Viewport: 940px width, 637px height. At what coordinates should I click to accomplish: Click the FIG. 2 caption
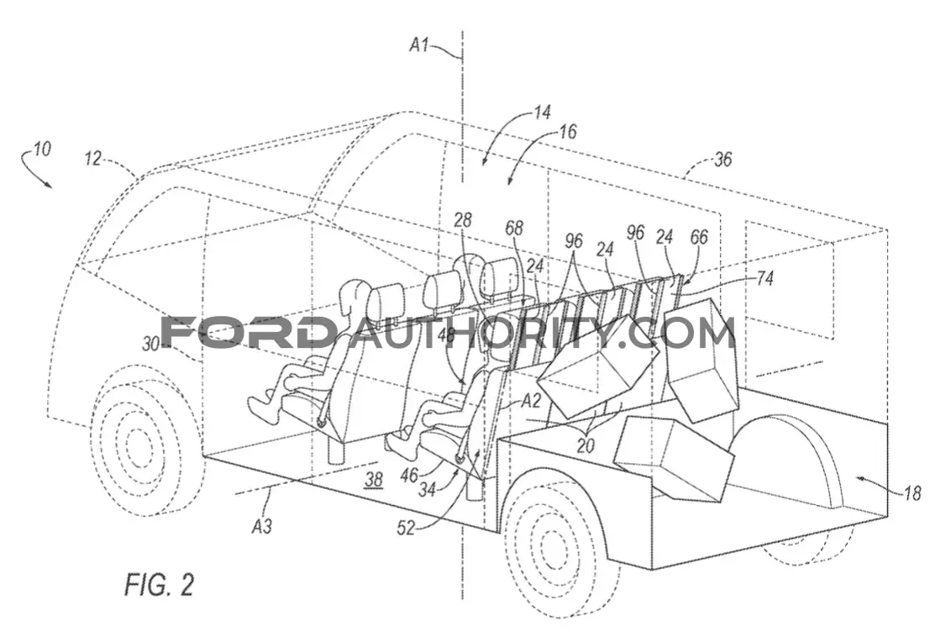pyautogui.click(x=160, y=583)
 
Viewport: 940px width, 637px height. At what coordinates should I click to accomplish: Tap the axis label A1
pyautogui.click(x=421, y=45)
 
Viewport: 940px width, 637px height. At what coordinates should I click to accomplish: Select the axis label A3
pyautogui.click(x=262, y=526)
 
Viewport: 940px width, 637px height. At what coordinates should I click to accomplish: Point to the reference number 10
pyautogui.click(x=41, y=148)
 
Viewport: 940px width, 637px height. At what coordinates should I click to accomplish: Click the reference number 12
pyautogui.click(x=93, y=158)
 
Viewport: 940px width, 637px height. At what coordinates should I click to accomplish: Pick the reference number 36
pyautogui.click(x=723, y=159)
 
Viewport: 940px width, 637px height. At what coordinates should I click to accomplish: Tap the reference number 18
pyautogui.click(x=911, y=493)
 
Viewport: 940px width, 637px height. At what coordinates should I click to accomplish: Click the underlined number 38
pyautogui.click(x=374, y=479)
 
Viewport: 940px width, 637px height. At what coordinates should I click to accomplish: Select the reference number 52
pyautogui.click(x=407, y=529)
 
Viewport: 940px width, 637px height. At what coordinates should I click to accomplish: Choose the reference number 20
pyautogui.click(x=586, y=445)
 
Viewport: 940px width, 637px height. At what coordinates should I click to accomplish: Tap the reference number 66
pyautogui.click(x=699, y=238)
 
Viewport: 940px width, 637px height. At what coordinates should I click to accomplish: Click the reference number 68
pyautogui.click(x=514, y=228)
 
